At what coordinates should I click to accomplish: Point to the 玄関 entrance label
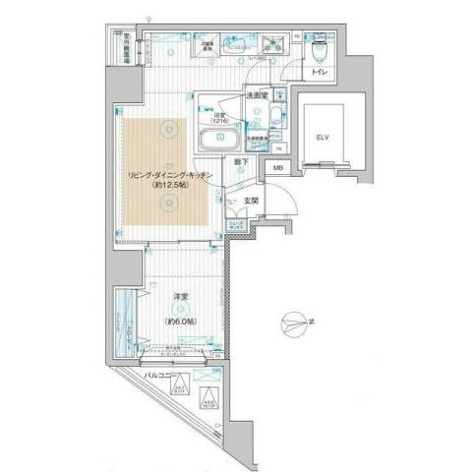point(249,202)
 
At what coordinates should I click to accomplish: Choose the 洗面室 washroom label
point(258,95)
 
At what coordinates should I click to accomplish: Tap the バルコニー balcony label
point(161,376)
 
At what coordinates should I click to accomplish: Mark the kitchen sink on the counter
point(237,41)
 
